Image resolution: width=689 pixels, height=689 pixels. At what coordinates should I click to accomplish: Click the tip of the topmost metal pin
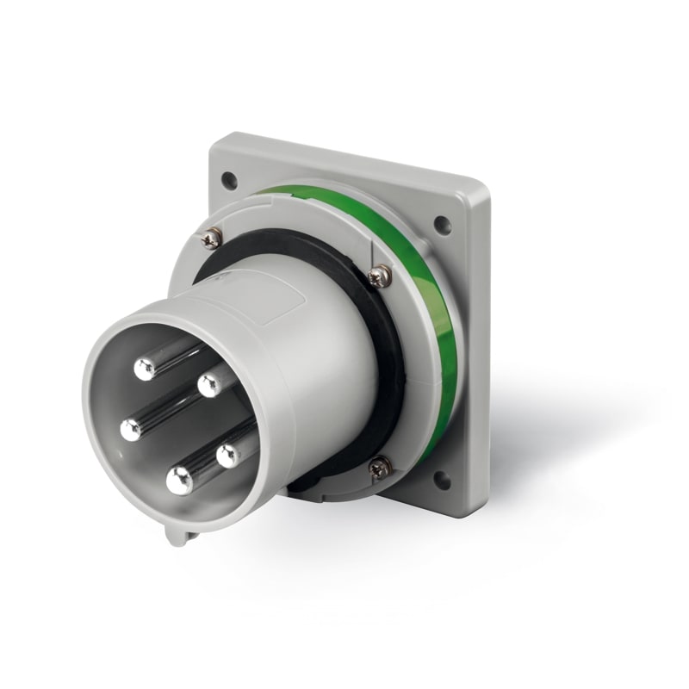tap(145, 369)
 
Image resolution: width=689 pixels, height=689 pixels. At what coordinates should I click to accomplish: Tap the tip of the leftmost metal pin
tap(131, 429)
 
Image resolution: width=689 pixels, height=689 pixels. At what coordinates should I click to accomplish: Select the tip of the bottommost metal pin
tap(179, 481)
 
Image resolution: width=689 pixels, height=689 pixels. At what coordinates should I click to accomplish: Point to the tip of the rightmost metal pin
tap(229, 455)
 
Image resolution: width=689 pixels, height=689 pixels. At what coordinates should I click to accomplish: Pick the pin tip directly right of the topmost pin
tap(209, 385)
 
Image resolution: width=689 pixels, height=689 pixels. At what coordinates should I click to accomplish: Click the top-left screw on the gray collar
tap(212, 239)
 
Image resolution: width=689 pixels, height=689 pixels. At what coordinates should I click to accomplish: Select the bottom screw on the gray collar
tap(380, 468)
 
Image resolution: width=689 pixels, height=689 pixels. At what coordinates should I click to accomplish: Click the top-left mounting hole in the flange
tap(229, 181)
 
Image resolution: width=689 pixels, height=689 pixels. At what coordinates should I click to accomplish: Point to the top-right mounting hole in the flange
tap(442, 226)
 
